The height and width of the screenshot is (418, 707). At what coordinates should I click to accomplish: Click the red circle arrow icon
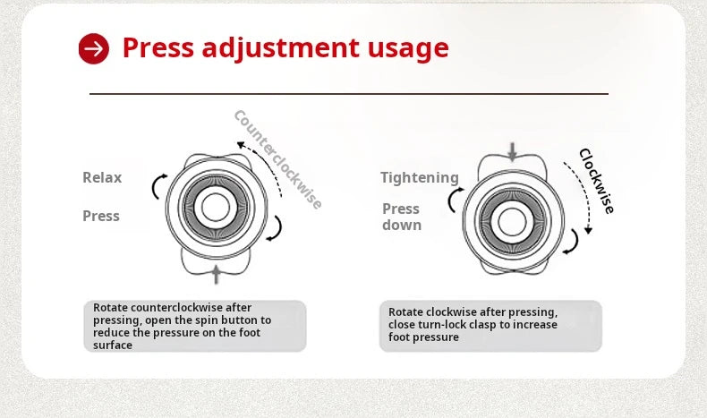(94, 48)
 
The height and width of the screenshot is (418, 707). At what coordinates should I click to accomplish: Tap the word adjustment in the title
(280, 47)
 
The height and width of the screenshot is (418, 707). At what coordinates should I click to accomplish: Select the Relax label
(102, 177)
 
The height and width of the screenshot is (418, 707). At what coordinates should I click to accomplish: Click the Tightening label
(420, 177)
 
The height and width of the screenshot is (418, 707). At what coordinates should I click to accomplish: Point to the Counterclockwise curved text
(277, 159)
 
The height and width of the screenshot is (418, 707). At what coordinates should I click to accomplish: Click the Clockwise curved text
(597, 181)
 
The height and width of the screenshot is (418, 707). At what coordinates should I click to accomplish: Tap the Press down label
(402, 217)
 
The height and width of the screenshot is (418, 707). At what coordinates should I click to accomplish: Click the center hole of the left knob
(216, 207)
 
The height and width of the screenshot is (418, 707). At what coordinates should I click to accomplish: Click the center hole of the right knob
(512, 222)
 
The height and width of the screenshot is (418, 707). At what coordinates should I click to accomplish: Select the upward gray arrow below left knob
(217, 274)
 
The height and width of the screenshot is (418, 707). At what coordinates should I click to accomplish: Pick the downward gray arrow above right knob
(512, 151)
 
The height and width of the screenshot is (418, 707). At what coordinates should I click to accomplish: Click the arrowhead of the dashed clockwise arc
(588, 230)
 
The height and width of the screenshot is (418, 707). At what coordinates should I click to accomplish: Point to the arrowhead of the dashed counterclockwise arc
(241, 145)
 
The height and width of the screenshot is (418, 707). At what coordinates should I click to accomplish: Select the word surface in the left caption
(113, 345)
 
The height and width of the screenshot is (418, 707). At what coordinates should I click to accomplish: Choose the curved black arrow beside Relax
(158, 187)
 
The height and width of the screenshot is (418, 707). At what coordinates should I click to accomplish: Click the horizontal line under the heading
(349, 94)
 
